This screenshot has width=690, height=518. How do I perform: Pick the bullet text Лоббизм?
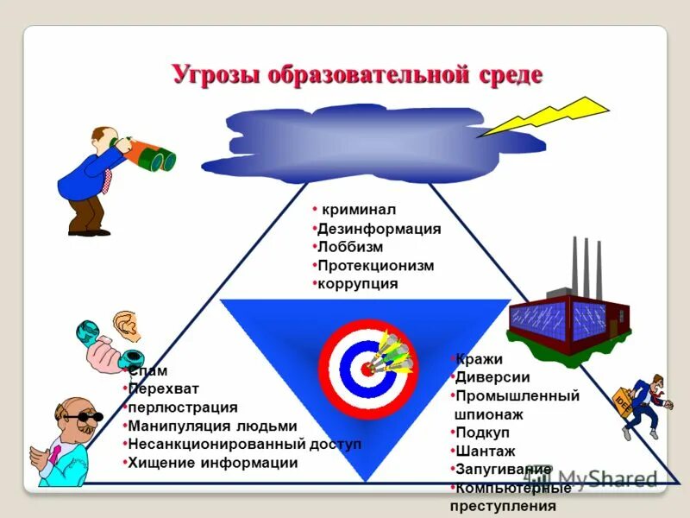(x=350, y=248)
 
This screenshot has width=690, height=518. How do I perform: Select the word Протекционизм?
(x=375, y=266)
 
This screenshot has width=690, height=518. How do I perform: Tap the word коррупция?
(x=358, y=283)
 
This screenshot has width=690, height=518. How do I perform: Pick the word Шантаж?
(x=486, y=451)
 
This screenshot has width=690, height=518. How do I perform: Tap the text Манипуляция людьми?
(x=212, y=426)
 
